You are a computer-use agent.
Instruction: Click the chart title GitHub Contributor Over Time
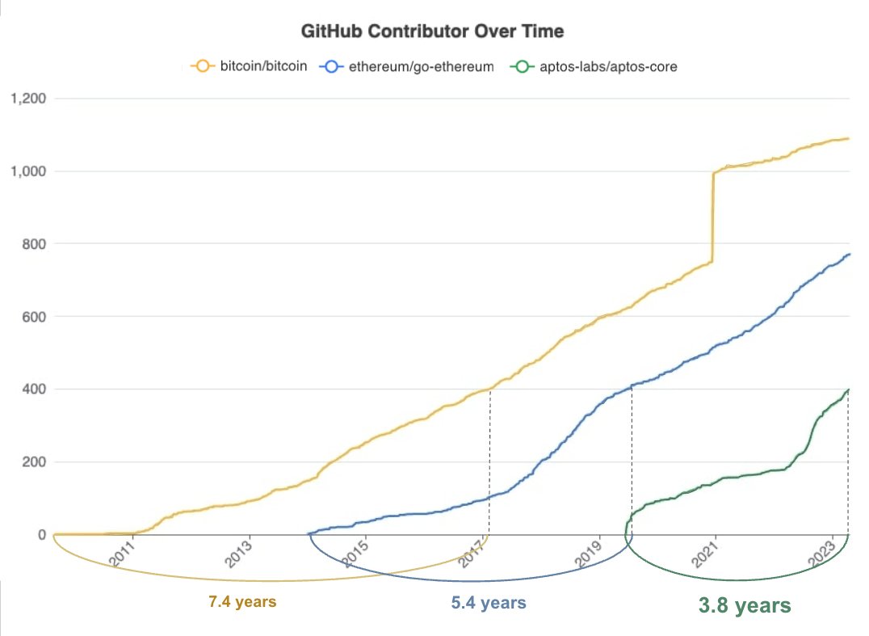tap(432, 32)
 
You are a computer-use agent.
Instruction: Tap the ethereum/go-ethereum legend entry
tap(408, 66)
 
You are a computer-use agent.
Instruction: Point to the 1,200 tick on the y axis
tap(27, 99)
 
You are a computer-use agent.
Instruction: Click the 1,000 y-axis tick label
tap(27, 171)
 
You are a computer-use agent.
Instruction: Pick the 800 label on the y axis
tap(33, 244)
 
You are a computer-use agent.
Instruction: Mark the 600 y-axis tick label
tap(33, 317)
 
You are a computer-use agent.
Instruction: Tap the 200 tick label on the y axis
tap(33, 462)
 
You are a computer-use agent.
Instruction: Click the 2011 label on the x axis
tap(124, 555)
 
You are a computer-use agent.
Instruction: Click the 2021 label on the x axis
tap(706, 555)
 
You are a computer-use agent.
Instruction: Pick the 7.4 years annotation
tap(243, 602)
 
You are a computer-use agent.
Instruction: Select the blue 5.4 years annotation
tap(488, 603)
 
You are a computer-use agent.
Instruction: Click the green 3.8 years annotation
tap(744, 604)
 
